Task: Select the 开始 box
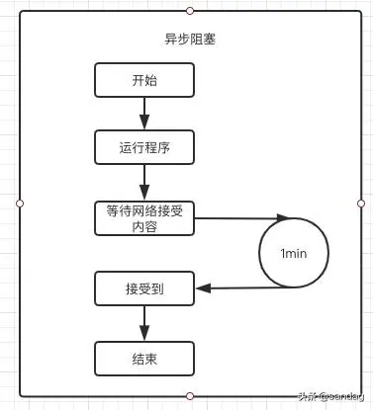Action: (143, 81)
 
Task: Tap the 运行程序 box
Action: (143, 147)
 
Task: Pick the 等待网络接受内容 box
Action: (143, 217)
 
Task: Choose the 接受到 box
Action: (143, 288)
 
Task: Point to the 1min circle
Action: (294, 253)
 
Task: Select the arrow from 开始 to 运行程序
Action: (143, 114)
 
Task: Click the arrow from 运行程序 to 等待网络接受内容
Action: (143, 182)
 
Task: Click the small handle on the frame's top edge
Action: (190, 10)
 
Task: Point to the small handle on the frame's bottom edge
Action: (190, 396)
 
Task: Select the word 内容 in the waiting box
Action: (143, 226)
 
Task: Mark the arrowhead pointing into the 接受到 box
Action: (201, 288)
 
